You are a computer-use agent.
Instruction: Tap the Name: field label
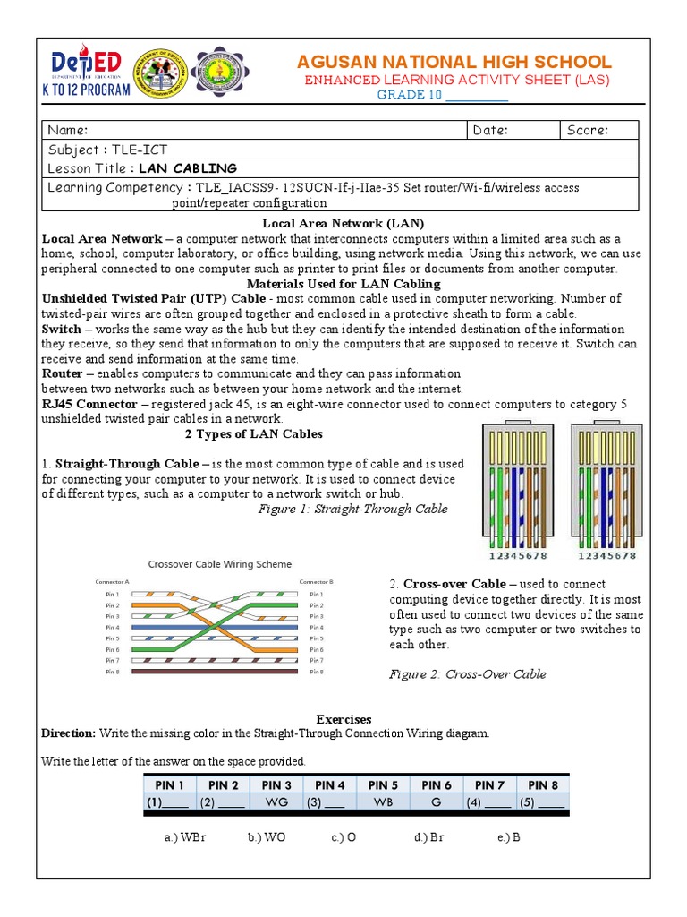[x=68, y=130]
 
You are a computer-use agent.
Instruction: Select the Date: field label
[x=490, y=130]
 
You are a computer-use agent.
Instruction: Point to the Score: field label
[x=587, y=130]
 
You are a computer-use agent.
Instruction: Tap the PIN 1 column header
[x=170, y=785]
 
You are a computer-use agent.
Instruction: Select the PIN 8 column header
[x=542, y=785]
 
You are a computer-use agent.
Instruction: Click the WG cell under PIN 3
[x=276, y=802]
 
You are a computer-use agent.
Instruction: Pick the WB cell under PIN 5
[x=383, y=802]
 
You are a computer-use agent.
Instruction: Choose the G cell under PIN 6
[x=436, y=802]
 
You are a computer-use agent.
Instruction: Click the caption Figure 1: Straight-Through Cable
[x=352, y=509]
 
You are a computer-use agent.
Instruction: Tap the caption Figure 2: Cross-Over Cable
[x=467, y=674]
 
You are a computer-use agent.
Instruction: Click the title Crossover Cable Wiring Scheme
[x=219, y=564]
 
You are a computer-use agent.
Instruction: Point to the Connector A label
[x=113, y=581]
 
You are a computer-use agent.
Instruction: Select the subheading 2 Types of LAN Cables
[x=253, y=433]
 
